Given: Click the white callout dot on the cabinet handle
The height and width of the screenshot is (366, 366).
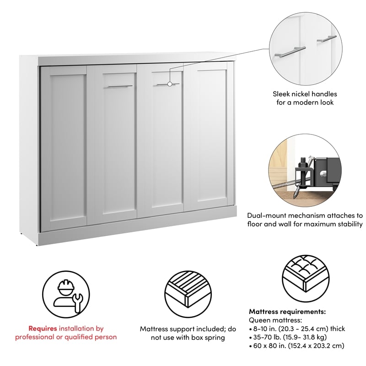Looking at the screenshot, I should coord(170,84).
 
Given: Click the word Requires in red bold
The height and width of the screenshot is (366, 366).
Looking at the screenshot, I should coord(42,328).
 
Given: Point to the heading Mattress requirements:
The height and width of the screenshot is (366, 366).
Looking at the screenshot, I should coord(287,312).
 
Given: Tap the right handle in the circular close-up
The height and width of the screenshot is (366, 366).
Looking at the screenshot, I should coord(326,40).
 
